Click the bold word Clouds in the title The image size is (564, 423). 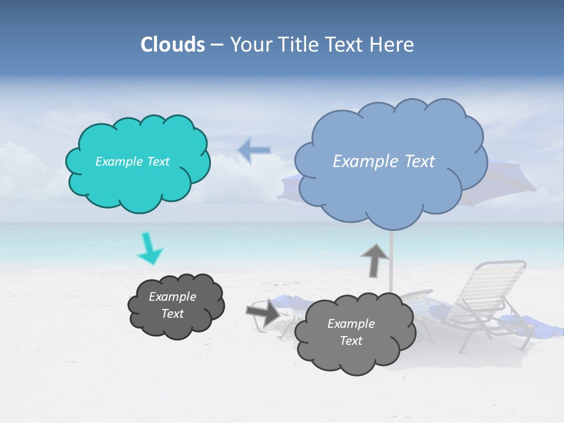coord(173,45)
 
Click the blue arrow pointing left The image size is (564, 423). coord(254,150)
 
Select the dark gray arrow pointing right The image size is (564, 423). coord(264,312)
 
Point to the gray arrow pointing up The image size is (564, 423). coord(375,260)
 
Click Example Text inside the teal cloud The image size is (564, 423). coord(132,162)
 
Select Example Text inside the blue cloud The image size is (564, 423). coord(384,162)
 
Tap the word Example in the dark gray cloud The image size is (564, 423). coord(172,297)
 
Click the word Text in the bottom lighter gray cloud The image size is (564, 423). coord(351,341)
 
